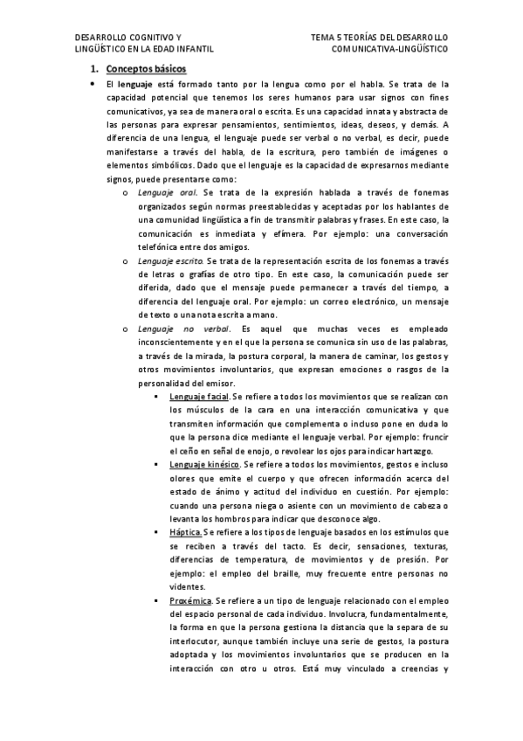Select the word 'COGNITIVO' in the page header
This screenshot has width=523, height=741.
152,38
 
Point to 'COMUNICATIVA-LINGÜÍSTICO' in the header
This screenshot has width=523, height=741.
389,50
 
